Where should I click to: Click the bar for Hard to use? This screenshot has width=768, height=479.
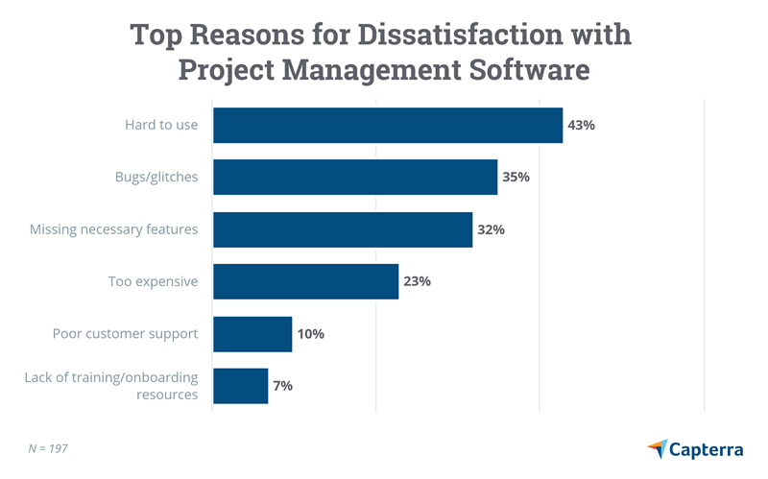pyautogui.click(x=387, y=126)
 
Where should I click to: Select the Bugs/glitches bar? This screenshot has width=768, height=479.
pyautogui.click(x=354, y=178)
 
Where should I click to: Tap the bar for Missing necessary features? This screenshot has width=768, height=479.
pyautogui.click(x=342, y=230)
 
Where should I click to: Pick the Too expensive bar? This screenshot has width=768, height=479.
pyautogui.click(x=305, y=282)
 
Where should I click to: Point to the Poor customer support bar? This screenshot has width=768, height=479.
pyautogui.click(x=252, y=334)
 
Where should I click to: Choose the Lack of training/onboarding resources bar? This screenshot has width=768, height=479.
pyautogui.click(x=240, y=386)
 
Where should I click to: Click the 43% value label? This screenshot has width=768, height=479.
pyautogui.click(x=582, y=126)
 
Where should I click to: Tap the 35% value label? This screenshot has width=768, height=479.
pyautogui.click(x=516, y=178)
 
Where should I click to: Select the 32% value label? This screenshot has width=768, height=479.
pyautogui.click(x=492, y=230)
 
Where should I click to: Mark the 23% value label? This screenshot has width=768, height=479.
pyautogui.click(x=418, y=282)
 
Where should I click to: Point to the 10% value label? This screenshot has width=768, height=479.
pyautogui.click(x=311, y=334)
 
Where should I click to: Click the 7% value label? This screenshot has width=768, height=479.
pyautogui.click(x=283, y=386)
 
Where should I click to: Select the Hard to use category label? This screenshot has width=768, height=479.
pyautogui.click(x=161, y=126)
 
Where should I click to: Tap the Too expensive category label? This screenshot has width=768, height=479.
pyautogui.click(x=153, y=282)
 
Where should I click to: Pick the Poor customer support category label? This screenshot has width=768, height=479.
pyautogui.click(x=125, y=334)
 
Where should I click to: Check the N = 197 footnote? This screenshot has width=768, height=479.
pyautogui.click(x=48, y=448)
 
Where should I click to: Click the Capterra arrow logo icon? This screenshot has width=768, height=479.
pyautogui.click(x=658, y=448)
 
